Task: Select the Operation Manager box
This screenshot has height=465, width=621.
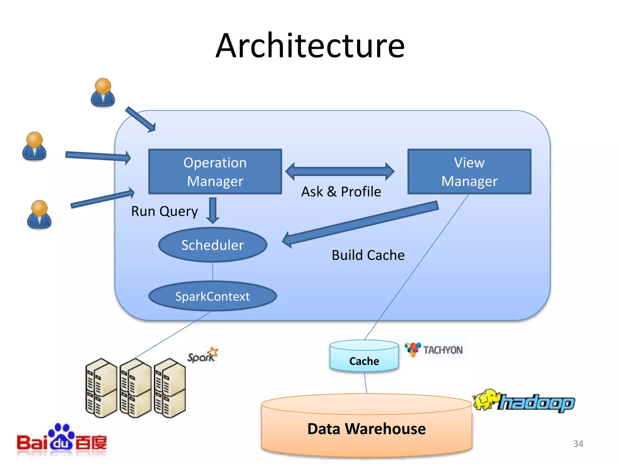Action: [215, 171]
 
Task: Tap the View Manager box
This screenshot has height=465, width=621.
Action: [469, 171]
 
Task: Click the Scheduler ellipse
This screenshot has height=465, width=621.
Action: [213, 245]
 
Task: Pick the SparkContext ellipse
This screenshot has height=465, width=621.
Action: [213, 296]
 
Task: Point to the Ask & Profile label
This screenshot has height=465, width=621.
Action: [341, 192]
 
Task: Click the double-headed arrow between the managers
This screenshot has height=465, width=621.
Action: [340, 171]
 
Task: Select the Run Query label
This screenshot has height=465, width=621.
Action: [164, 211]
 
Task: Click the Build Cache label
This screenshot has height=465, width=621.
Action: [368, 255]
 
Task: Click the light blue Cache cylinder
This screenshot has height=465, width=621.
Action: [364, 357]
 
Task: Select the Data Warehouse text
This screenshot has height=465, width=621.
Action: [366, 429]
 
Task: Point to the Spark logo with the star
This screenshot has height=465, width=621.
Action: [203, 355]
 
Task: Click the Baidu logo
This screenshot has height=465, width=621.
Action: [62, 439]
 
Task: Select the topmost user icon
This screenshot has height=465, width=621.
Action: [103, 92]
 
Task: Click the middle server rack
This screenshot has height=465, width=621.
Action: [135, 388]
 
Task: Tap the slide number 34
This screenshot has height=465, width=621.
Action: [578, 444]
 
